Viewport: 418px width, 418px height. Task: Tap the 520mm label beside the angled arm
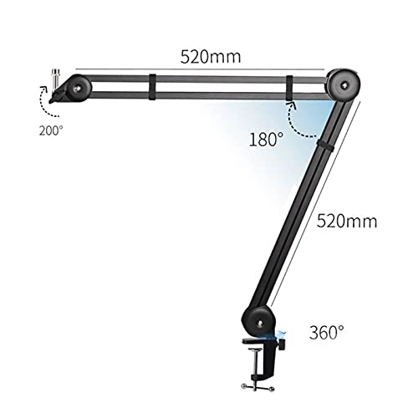pos(346,222)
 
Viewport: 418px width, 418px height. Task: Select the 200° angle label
pos(49,130)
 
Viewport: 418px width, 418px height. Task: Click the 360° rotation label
pos(326,332)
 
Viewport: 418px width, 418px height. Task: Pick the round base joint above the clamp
pos(257,320)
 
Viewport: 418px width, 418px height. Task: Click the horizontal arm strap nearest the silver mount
pos(153,84)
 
